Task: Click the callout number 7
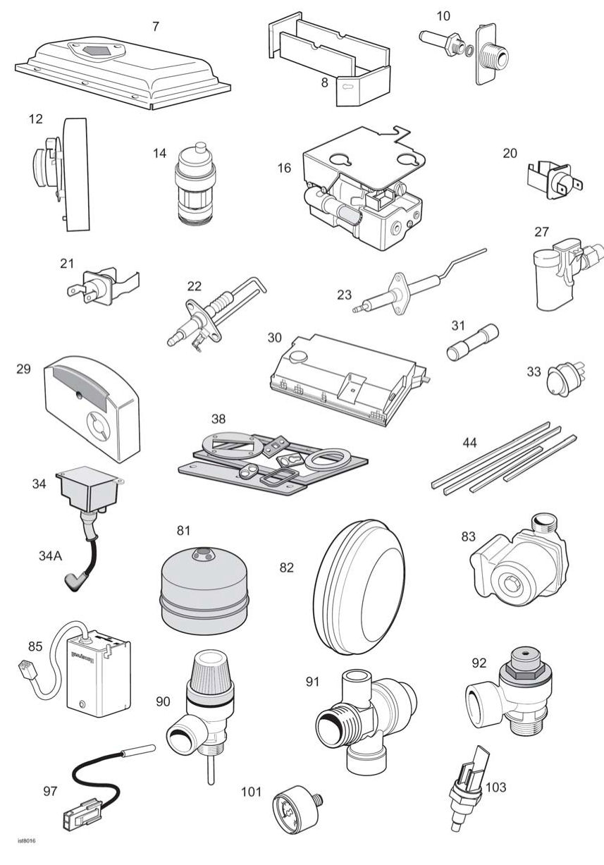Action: coord(156,26)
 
